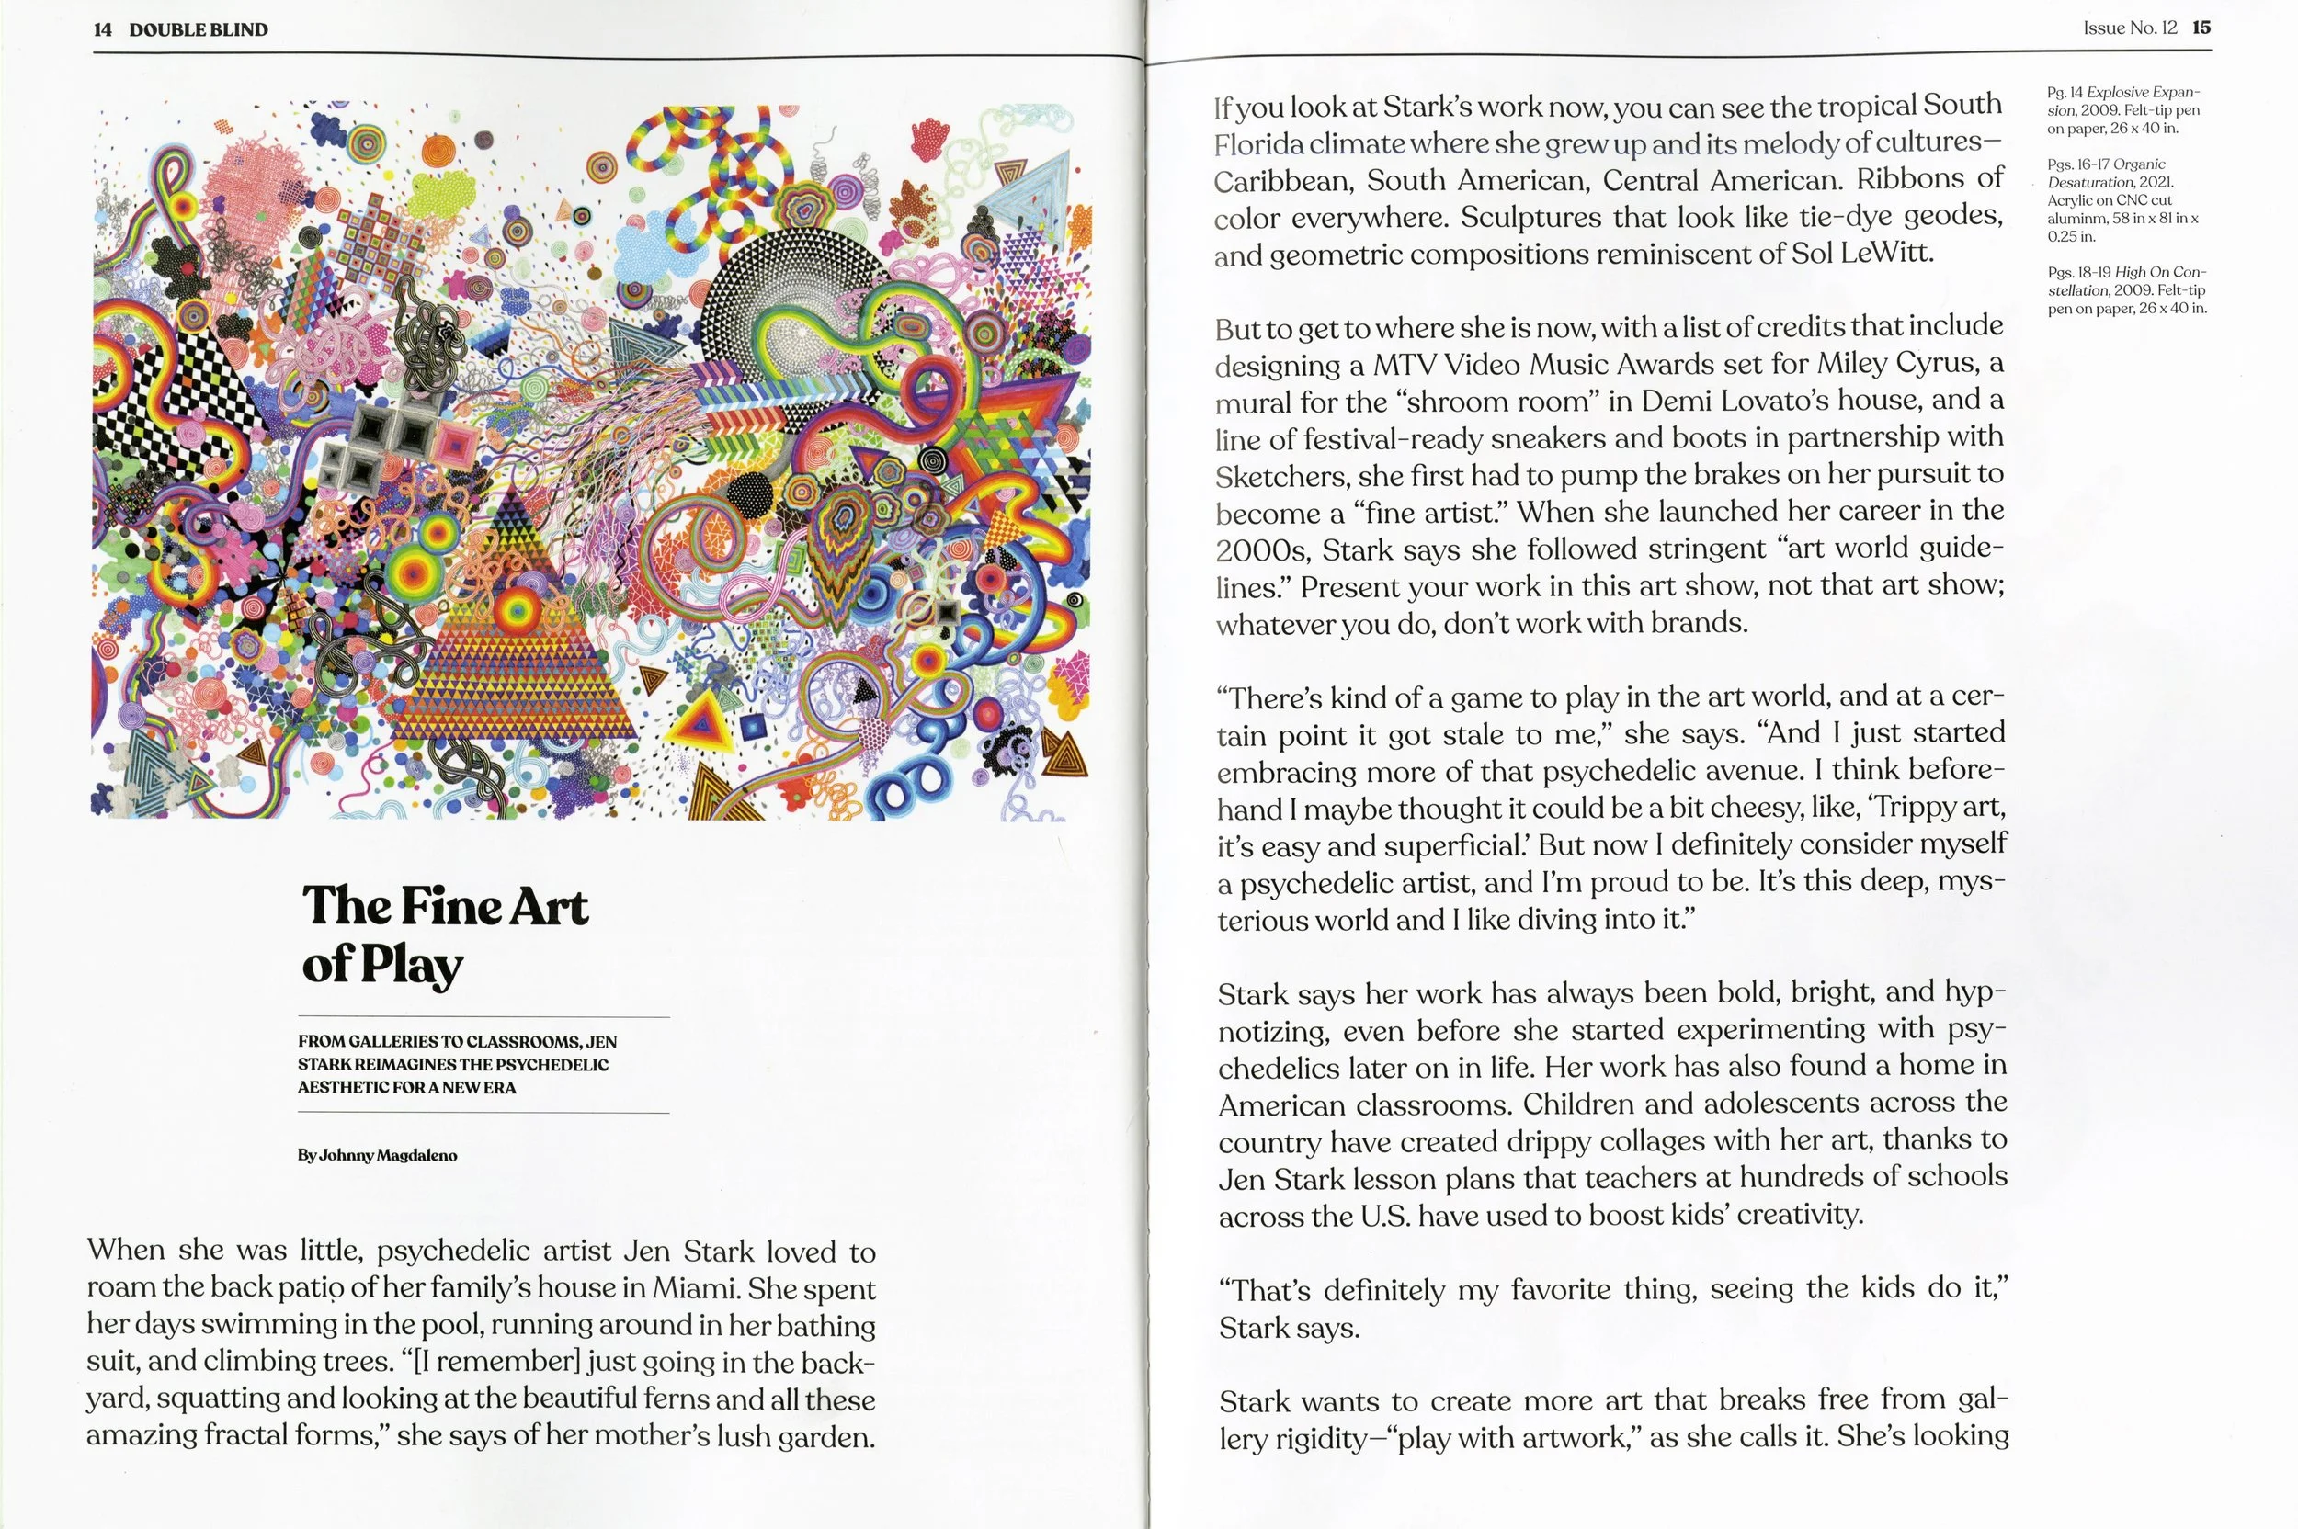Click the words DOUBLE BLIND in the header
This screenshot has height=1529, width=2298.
198,30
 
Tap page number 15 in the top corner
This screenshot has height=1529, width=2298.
2201,28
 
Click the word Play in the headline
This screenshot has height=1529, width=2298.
412,966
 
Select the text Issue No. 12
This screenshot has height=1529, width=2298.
2129,28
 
